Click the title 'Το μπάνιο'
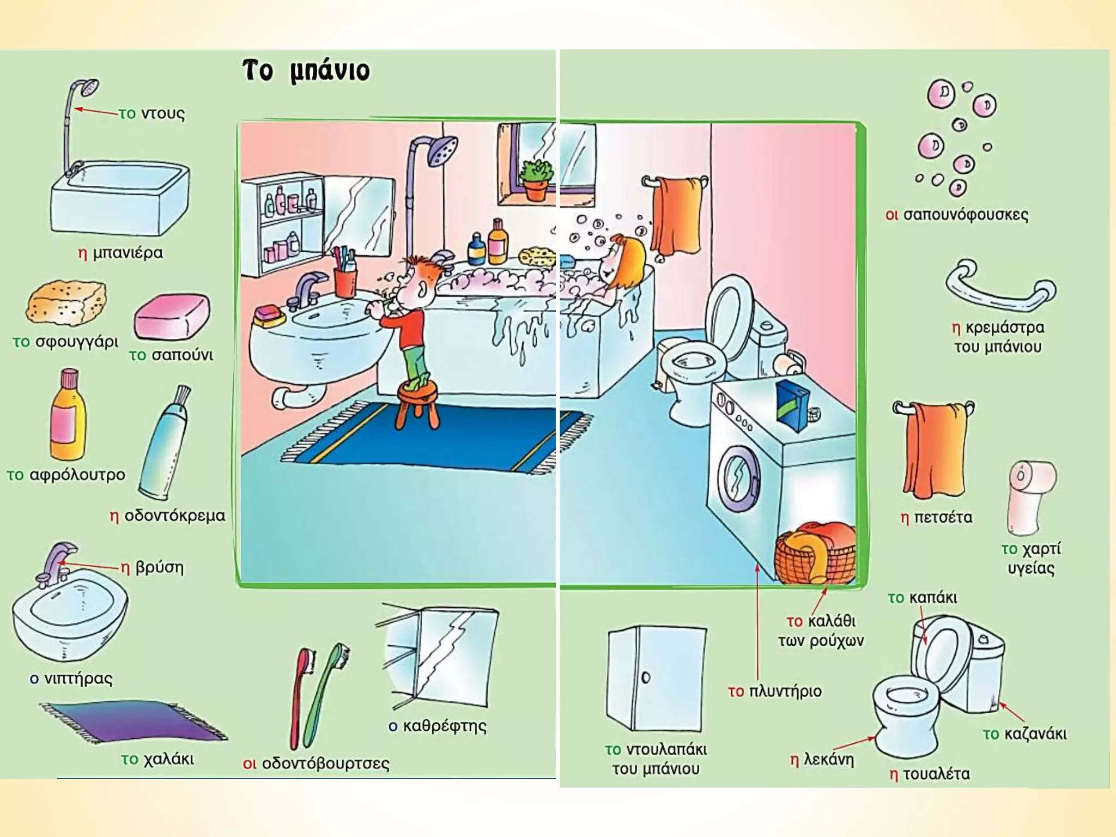pyautogui.click(x=306, y=71)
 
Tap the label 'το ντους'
pyautogui.click(x=152, y=113)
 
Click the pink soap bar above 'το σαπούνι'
pyautogui.click(x=172, y=317)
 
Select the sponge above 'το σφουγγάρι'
pyautogui.click(x=66, y=302)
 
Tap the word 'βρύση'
pyautogui.click(x=159, y=567)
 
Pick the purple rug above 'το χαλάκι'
pyautogui.click(x=134, y=720)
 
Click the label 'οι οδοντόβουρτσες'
pyautogui.click(x=316, y=763)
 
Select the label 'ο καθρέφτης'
pyautogui.click(x=438, y=726)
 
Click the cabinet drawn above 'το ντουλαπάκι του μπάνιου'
pyautogui.click(x=657, y=678)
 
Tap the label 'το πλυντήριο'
pyautogui.click(x=774, y=691)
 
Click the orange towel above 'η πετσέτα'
pyautogui.click(x=935, y=450)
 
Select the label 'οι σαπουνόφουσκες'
pyautogui.click(x=957, y=215)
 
